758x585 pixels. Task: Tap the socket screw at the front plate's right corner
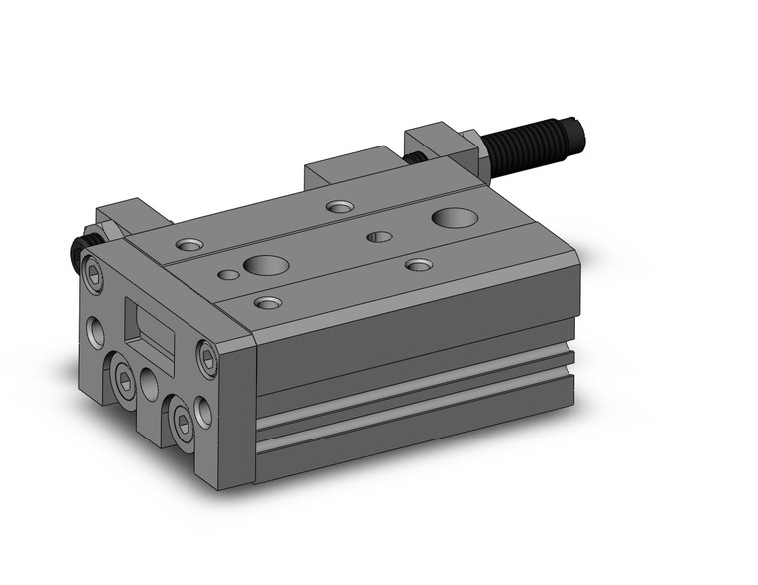point(208,358)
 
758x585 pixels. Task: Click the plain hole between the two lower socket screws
point(151,384)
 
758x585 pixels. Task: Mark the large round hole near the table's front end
point(266,265)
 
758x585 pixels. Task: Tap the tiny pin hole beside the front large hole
point(229,273)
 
